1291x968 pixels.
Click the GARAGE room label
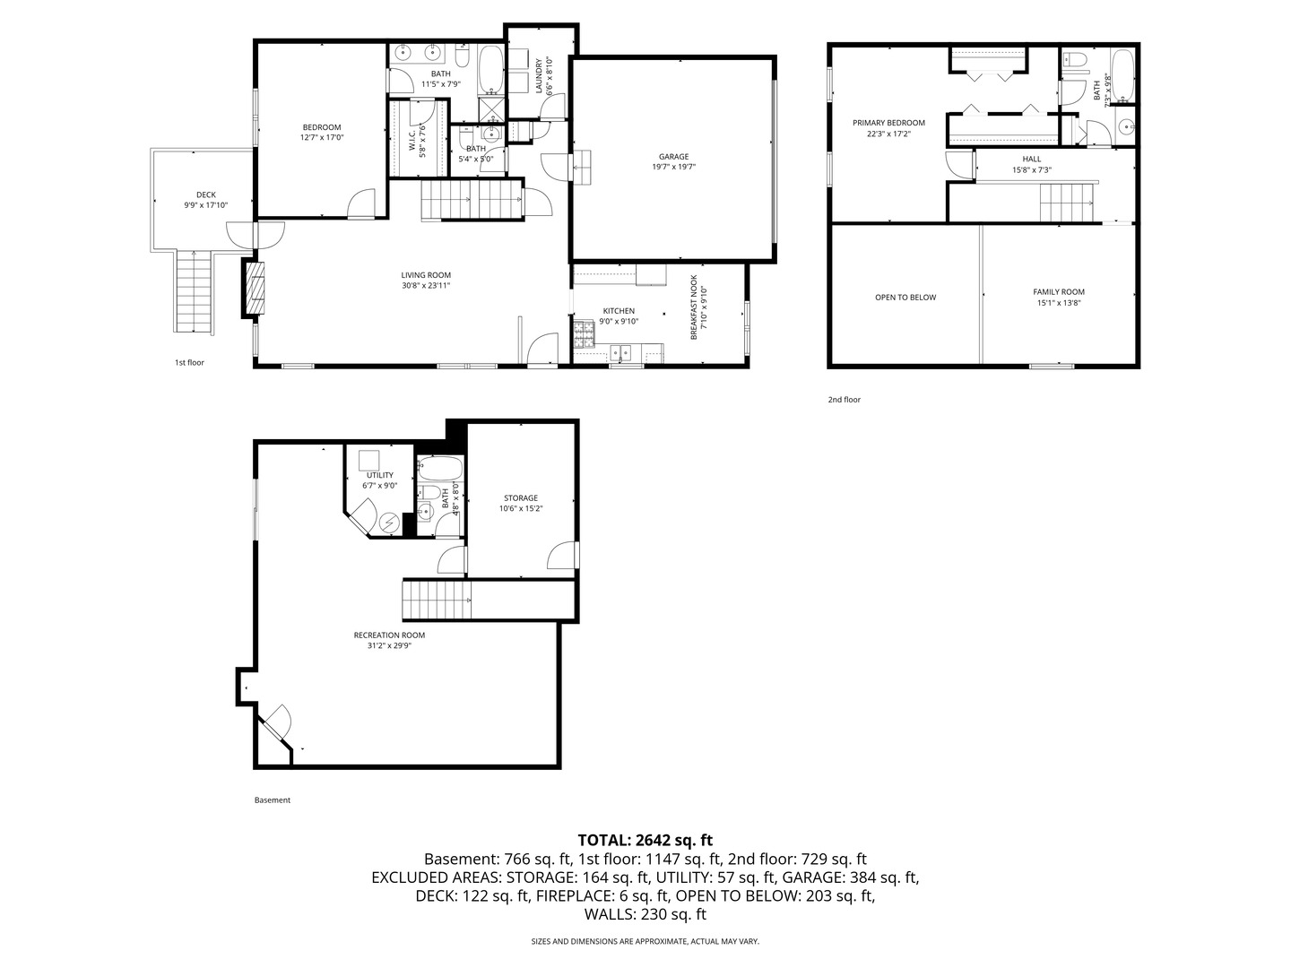pyautogui.click(x=673, y=157)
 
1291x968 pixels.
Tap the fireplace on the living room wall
pyautogui.click(x=255, y=290)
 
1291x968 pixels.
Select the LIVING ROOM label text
pyautogui.click(x=426, y=275)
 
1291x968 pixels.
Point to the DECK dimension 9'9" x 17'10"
pyautogui.click(x=206, y=205)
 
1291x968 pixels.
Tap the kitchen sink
pyautogui.click(x=620, y=353)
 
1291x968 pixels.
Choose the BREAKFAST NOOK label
pyautogui.click(x=693, y=307)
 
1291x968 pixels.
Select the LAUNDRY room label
pyautogui.click(x=538, y=75)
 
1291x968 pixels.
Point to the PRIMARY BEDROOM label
pyautogui.click(x=888, y=123)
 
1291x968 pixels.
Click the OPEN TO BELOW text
pyautogui.click(x=905, y=298)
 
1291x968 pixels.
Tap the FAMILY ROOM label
pyautogui.click(x=1059, y=292)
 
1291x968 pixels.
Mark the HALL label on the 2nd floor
pyautogui.click(x=1032, y=160)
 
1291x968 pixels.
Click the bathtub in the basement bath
pyautogui.click(x=440, y=469)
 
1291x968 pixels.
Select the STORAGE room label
pyautogui.click(x=521, y=498)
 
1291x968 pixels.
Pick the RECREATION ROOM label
pyautogui.click(x=389, y=635)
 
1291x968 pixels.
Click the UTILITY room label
pyautogui.click(x=380, y=475)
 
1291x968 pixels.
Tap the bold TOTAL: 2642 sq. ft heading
pyautogui.click(x=645, y=840)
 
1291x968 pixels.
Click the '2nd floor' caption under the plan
pyautogui.click(x=844, y=400)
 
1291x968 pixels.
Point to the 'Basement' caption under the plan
pyautogui.click(x=273, y=799)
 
